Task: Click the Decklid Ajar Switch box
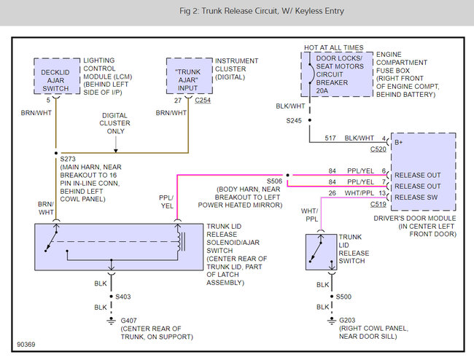click(x=57, y=76)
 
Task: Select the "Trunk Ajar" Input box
click(x=190, y=76)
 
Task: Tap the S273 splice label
click(x=68, y=159)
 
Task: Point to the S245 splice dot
click(x=309, y=120)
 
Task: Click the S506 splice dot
click(x=287, y=175)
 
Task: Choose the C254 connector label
click(x=203, y=101)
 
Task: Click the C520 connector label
click(x=378, y=149)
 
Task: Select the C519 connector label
click(x=378, y=205)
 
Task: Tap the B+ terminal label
click(x=398, y=142)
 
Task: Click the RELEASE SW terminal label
click(x=416, y=197)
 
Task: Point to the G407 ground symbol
click(x=112, y=321)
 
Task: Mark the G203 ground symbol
click(x=332, y=321)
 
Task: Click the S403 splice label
click(x=123, y=297)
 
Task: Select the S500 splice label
click(x=343, y=297)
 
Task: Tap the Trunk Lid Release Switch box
click(x=321, y=252)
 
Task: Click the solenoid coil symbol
click(x=181, y=242)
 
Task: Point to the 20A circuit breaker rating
click(x=322, y=90)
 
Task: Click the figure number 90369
click(x=26, y=344)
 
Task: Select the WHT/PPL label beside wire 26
click(x=359, y=193)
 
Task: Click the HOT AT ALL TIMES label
click(x=334, y=47)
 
